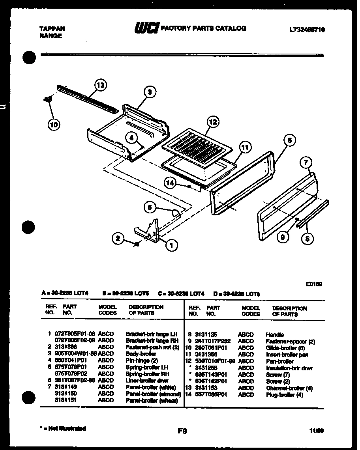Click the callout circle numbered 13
click(x=101, y=85)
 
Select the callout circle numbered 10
click(x=54, y=125)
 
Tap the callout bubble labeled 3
click(x=149, y=92)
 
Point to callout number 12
click(x=213, y=122)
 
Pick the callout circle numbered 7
click(x=306, y=162)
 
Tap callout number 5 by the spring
click(x=150, y=207)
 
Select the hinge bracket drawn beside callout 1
click(x=150, y=233)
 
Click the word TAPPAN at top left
click(x=52, y=29)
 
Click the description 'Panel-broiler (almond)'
click(x=153, y=394)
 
